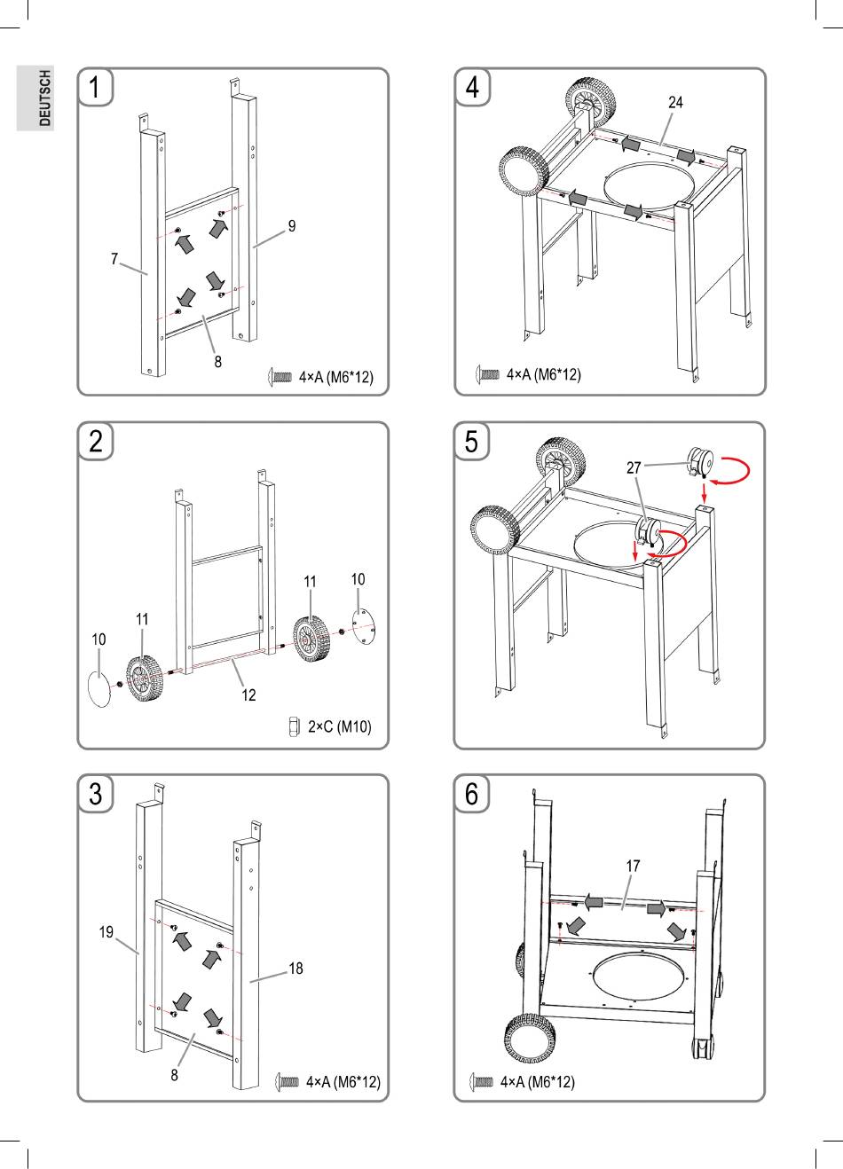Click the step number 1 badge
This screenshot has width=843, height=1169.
click(x=95, y=88)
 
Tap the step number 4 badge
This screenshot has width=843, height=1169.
click(x=472, y=88)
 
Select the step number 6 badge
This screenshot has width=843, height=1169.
click(x=472, y=794)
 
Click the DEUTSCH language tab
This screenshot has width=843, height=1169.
click(x=35, y=98)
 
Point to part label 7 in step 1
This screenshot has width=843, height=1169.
click(x=114, y=259)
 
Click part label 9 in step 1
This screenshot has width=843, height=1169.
click(x=291, y=226)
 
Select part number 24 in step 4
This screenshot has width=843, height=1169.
click(x=675, y=103)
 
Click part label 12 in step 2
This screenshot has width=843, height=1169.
click(x=249, y=694)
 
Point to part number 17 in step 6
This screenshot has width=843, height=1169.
click(x=633, y=865)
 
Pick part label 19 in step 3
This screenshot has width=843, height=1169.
click(x=106, y=932)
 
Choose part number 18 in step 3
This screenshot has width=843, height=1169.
click(x=295, y=969)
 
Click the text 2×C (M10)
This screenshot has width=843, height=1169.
click(x=339, y=726)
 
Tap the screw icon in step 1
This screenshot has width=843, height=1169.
click(x=280, y=377)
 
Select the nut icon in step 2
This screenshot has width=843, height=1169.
click(x=295, y=726)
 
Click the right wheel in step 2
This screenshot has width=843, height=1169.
click(x=311, y=637)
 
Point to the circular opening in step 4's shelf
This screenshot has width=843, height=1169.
click(x=650, y=190)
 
